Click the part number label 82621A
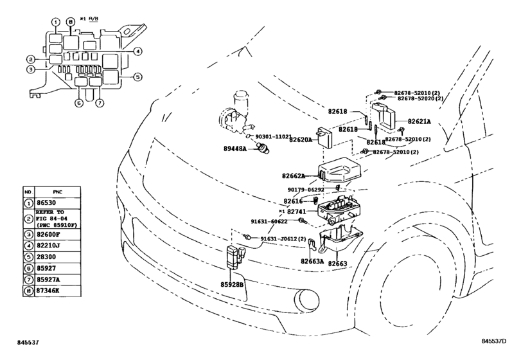coord(419,122)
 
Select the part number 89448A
coord(235,148)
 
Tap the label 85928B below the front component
coord(232,285)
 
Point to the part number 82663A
coord(312,261)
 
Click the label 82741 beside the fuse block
coord(296,211)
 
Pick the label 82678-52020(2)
coord(420,99)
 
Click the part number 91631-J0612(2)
coord(283,239)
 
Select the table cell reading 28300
coord(46,256)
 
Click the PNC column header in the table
coord(57,192)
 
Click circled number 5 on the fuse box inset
coord(137,77)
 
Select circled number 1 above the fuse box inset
coord(56,22)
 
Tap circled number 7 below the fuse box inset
coord(100,103)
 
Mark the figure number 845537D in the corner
coord(494,341)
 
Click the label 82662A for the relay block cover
coord(294,176)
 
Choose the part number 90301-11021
coord(273,137)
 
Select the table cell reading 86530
coord(46,203)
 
